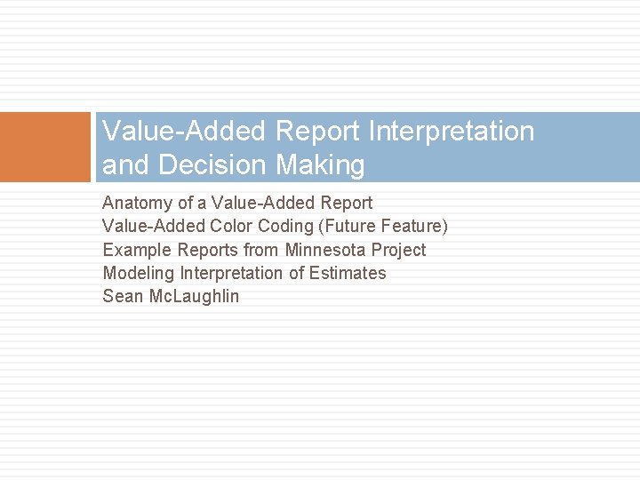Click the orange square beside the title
(45, 147)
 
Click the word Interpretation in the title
(451, 132)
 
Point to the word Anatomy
(138, 204)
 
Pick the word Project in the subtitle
(398, 250)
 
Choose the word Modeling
(139, 273)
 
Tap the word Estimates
(348, 273)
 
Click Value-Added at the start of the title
(184, 132)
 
